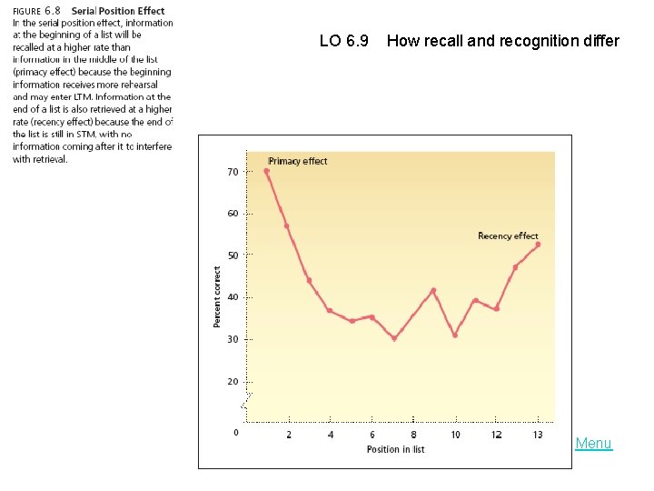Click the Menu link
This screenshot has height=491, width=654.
[x=593, y=444]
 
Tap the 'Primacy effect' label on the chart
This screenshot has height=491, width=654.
[x=298, y=161]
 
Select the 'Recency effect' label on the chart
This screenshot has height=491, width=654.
[x=508, y=236]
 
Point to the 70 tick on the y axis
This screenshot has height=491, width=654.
[x=233, y=172]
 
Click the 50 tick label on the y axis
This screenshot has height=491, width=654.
[x=233, y=256]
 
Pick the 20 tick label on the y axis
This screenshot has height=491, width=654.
[x=233, y=382]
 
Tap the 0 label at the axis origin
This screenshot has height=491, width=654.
[x=235, y=432]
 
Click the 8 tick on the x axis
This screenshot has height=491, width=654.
[x=413, y=435]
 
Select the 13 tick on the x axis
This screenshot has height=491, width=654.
[x=538, y=435]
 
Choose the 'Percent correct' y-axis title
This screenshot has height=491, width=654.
[x=217, y=297]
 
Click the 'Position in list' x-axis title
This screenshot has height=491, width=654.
[x=395, y=449]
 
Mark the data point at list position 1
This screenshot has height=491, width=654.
[x=266, y=170]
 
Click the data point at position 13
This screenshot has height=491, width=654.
[x=538, y=244]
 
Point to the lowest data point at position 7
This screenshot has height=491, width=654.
[x=393, y=338]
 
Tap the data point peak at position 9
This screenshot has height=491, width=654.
[x=433, y=290]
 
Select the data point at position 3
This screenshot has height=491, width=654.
[x=309, y=280]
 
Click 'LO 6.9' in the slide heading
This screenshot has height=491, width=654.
[x=344, y=41]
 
